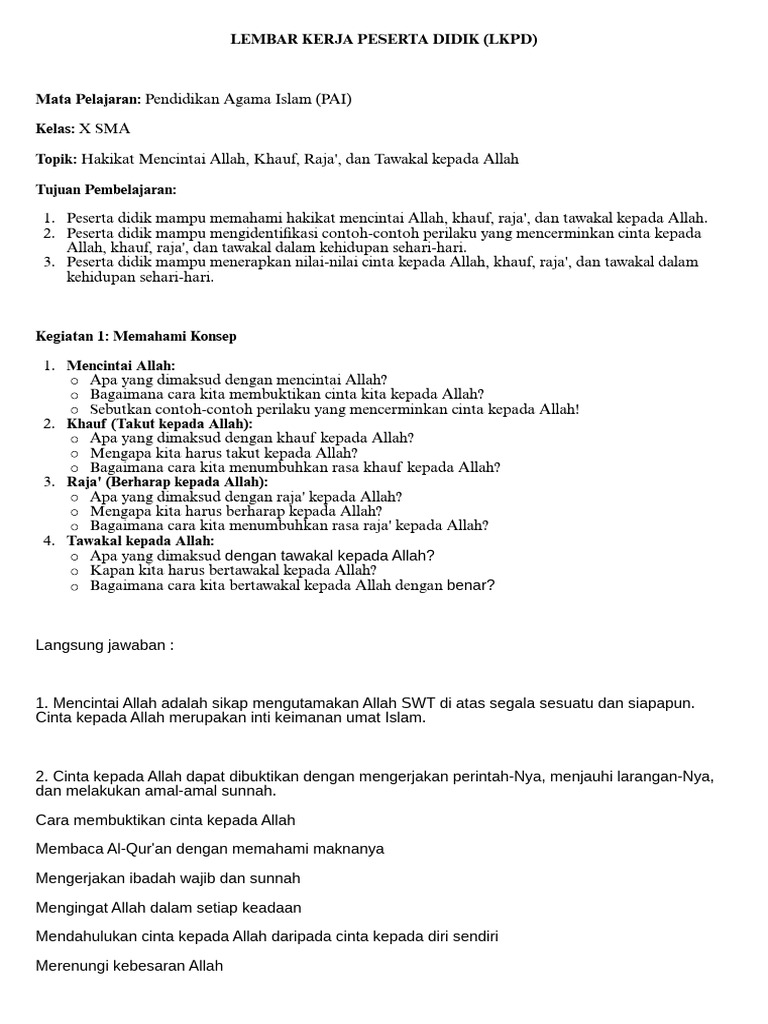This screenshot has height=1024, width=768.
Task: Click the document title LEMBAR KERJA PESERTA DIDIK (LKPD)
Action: coord(384,39)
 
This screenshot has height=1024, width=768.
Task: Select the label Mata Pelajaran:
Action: coord(89,99)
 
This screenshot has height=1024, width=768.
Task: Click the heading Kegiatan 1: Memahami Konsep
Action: coord(136,336)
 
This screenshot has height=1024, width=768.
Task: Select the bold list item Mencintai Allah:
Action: coord(121,366)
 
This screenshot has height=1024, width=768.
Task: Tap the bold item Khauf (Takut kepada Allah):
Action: coord(160,424)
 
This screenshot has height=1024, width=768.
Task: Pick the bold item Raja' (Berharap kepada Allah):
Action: coord(167,482)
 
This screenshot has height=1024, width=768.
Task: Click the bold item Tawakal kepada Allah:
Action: coord(141,541)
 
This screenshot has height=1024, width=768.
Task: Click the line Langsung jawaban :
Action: coord(105,645)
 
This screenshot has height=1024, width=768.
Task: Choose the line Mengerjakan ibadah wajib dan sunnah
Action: coord(168,878)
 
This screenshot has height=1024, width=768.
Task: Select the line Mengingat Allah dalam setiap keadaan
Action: coord(168,908)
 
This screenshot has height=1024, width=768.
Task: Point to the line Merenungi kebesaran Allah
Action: coord(129,966)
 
